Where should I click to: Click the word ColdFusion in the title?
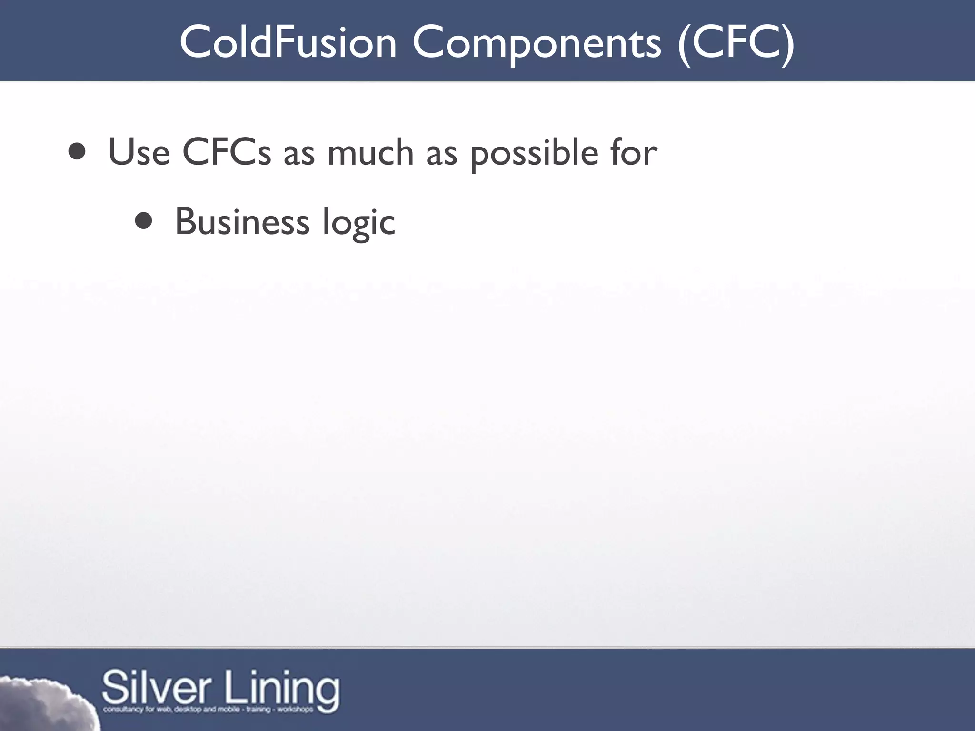point(288,43)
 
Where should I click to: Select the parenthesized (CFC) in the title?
point(736,43)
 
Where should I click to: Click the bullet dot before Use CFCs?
point(77,152)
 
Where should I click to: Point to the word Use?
point(139,153)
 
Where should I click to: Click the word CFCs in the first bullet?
point(227,153)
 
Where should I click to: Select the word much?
point(370,153)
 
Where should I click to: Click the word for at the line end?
point(634,153)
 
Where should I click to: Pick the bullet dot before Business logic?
point(143,221)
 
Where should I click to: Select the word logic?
point(358,223)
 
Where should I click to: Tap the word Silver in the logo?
point(156,688)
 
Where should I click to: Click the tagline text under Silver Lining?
point(208,710)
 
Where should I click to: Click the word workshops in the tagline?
point(296,710)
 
